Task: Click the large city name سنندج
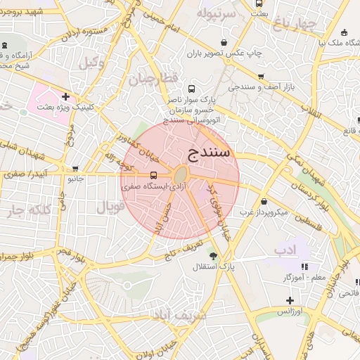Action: [x=211, y=153]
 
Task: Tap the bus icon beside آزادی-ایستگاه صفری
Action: [x=153, y=175]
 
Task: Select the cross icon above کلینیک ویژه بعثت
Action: [x=65, y=97]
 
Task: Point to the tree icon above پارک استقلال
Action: [x=213, y=255]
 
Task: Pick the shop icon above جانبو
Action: [x=75, y=168]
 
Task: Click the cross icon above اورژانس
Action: [x=290, y=300]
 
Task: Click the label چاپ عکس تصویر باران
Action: [x=224, y=53]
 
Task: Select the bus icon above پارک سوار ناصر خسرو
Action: [x=191, y=89]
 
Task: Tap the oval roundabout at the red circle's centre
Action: [x=181, y=174]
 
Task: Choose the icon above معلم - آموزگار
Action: [x=304, y=266]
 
